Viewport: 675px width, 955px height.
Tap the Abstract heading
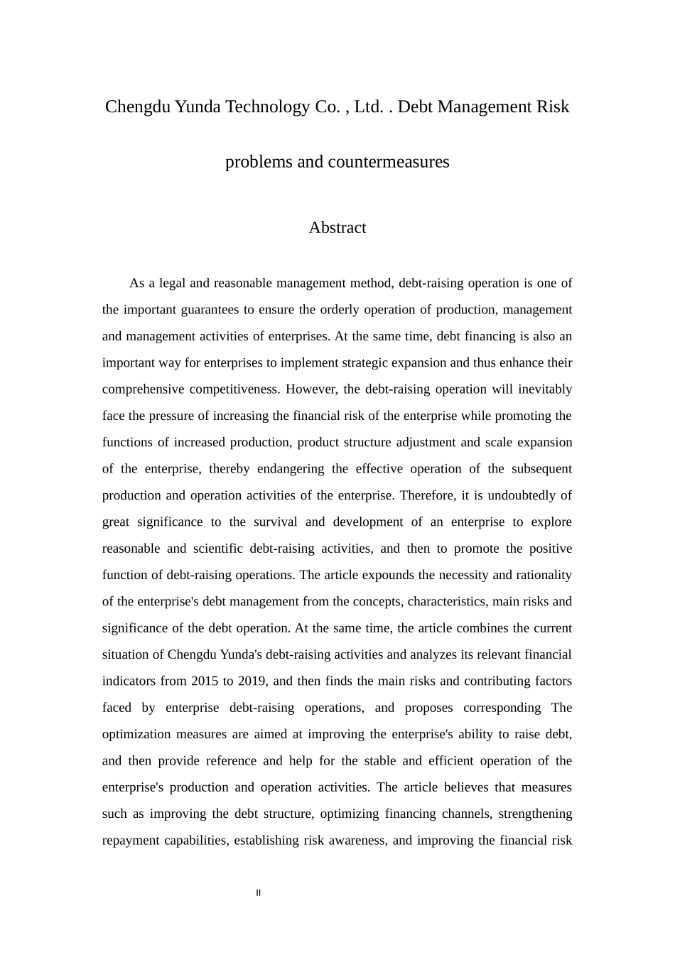point(337,228)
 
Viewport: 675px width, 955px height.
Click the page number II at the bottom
point(259,893)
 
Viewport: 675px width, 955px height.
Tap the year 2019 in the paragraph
point(252,681)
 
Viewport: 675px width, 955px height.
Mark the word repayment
point(130,841)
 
